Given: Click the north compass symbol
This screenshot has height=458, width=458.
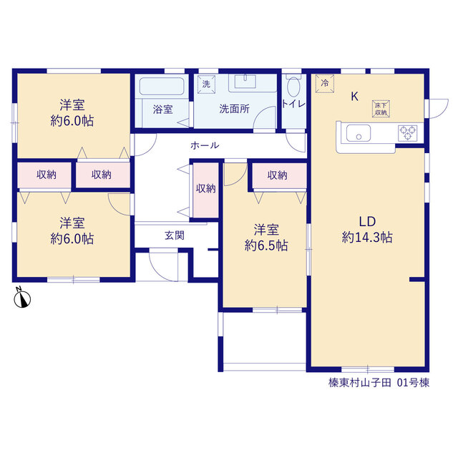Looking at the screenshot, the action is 22,298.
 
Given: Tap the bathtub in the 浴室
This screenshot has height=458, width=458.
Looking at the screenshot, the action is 162,86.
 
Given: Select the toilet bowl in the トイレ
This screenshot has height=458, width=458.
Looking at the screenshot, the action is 293,87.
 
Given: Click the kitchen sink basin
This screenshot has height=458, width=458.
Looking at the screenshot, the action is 359,133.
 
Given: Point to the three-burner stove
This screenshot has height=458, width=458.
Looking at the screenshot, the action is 408,133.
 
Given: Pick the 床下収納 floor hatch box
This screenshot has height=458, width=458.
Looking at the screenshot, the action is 381,109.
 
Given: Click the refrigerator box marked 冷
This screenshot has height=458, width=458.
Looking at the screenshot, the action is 324,84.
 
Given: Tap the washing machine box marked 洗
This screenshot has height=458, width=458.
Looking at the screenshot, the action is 206,84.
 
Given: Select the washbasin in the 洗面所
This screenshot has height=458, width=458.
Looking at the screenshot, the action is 245,82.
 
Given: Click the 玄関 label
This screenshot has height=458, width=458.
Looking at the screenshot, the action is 175,235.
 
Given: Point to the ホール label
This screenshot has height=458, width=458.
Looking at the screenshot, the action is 205,145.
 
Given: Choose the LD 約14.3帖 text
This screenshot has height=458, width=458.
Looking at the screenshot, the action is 367,230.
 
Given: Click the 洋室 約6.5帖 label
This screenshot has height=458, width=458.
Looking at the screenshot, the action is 266,238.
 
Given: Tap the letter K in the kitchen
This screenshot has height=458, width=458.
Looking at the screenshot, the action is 355,96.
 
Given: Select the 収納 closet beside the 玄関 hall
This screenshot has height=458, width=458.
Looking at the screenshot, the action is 206,190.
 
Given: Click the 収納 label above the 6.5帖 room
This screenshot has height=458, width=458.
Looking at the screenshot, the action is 277,175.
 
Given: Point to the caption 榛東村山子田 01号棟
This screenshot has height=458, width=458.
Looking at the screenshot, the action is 379,383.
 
